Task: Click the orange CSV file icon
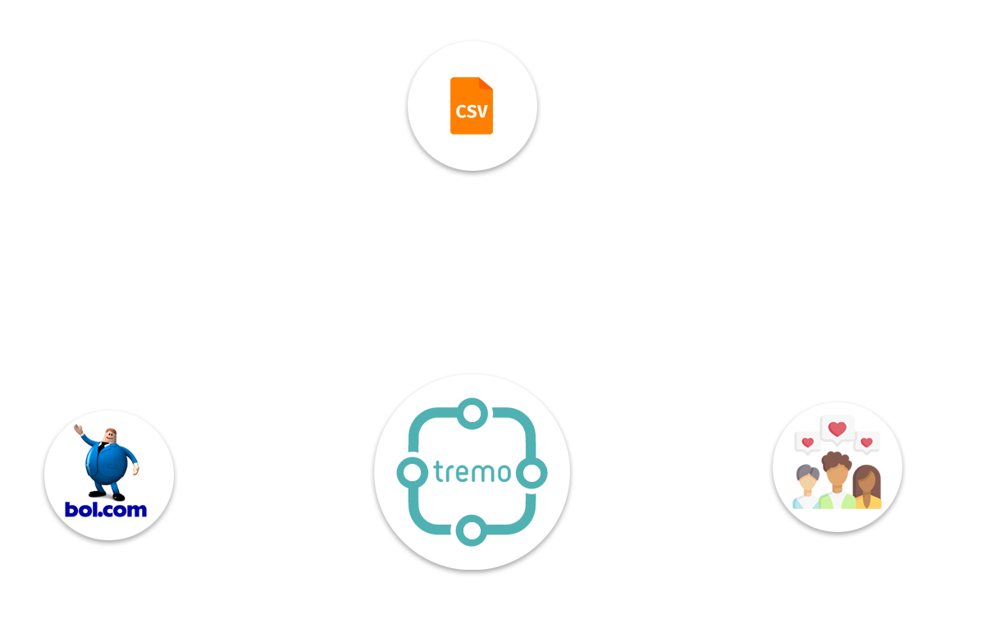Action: [472, 105]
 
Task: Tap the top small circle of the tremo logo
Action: [472, 413]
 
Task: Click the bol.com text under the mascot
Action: [106, 510]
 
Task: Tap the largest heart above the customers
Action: [837, 429]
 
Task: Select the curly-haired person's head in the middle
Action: [837, 470]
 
